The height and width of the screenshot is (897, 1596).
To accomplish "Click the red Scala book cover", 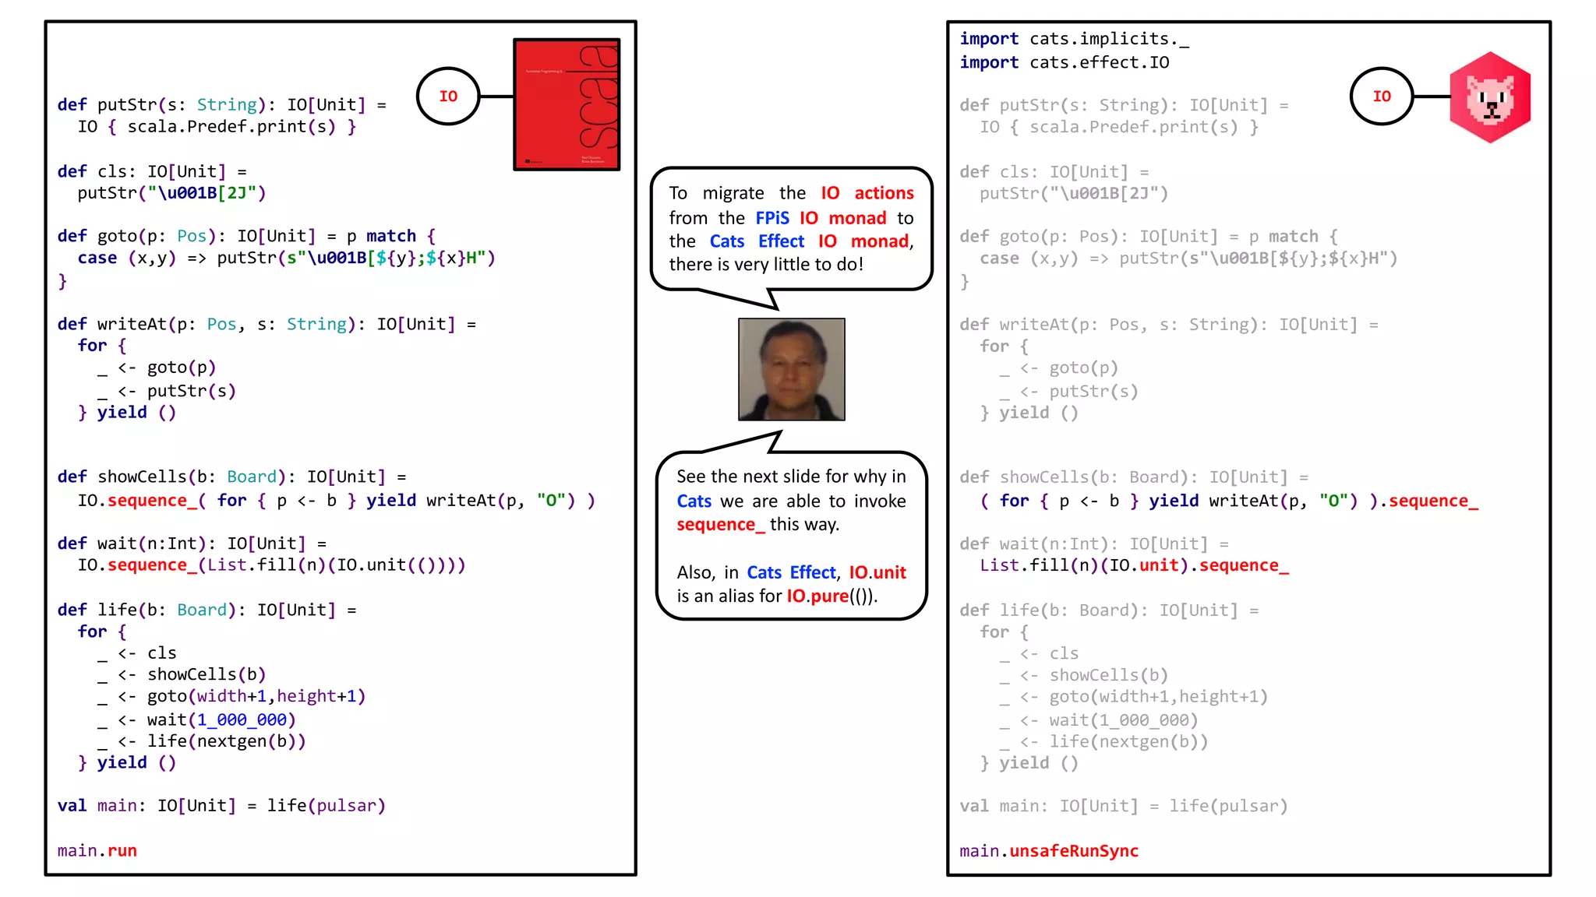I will (x=567, y=104).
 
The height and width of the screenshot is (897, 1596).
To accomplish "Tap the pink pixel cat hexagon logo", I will (x=1490, y=97).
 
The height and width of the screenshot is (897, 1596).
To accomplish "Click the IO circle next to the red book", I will (x=448, y=97).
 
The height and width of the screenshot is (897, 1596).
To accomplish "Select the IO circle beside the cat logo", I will (x=1382, y=97).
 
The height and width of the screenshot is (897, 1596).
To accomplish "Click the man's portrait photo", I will (x=791, y=369).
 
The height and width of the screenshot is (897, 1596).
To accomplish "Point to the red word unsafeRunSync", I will (x=1074, y=851).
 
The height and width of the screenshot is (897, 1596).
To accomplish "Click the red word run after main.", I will (x=122, y=851).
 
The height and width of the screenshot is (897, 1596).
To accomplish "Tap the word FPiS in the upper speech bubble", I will (x=772, y=218).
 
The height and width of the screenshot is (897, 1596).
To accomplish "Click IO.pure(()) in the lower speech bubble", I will (x=832, y=596).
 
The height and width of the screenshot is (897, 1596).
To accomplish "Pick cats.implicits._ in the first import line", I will (x=1109, y=39).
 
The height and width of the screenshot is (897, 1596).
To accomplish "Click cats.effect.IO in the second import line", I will (x=1099, y=62).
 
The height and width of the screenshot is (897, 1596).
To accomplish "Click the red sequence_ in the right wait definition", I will (x=1244, y=565).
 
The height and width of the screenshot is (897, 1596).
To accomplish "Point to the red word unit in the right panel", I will (x=1159, y=565).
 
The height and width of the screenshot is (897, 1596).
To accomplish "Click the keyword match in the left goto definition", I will (x=391, y=236).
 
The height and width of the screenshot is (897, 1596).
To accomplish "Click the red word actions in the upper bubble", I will (x=884, y=193).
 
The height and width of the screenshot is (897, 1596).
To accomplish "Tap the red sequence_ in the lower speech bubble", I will (x=720, y=525).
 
